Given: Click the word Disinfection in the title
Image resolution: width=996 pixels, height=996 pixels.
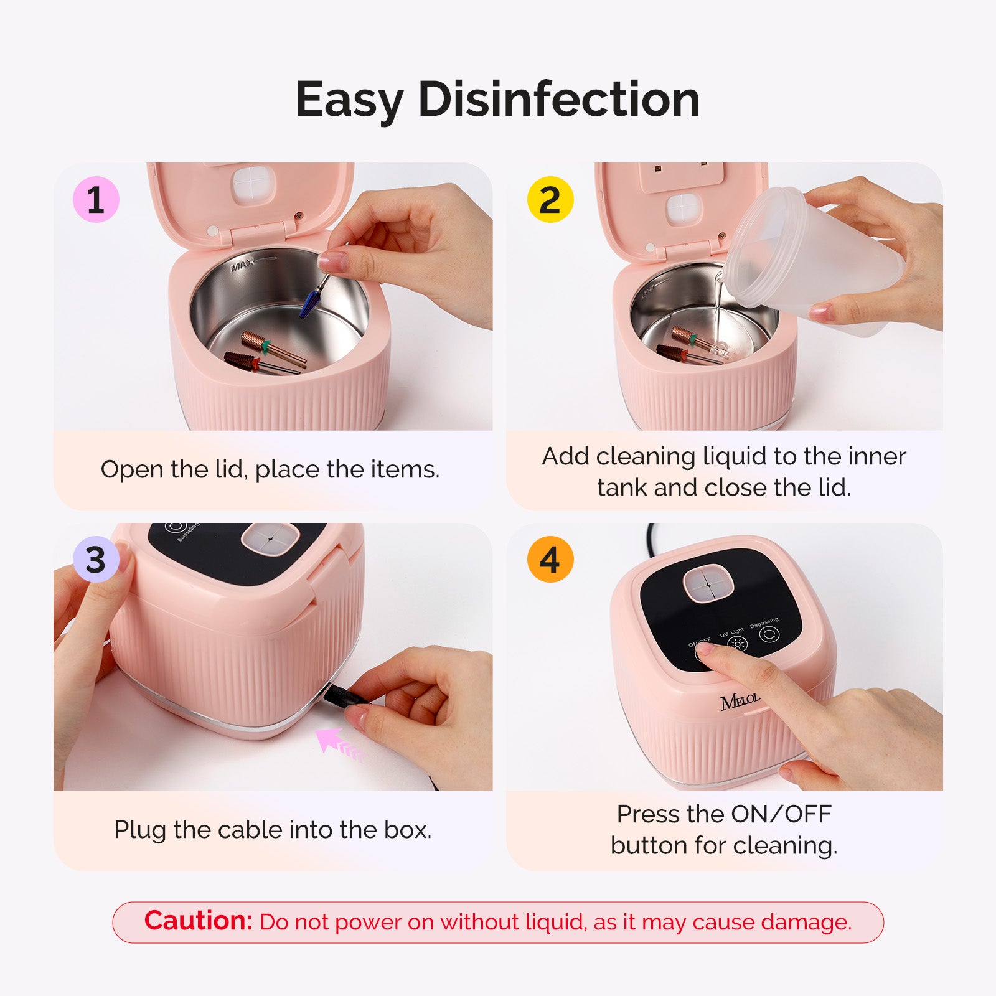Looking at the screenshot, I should tap(559, 100).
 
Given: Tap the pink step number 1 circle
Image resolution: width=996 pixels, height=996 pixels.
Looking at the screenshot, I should tap(96, 200).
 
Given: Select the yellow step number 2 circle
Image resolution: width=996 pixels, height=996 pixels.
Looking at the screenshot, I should tap(550, 200).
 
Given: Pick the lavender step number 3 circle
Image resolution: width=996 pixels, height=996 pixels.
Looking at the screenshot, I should tap(96, 560).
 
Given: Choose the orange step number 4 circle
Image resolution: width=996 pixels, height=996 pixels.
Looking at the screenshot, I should tap(550, 560).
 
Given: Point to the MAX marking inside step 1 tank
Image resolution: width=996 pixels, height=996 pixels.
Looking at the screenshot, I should tap(243, 267).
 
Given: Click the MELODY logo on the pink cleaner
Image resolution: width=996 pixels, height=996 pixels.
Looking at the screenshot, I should tap(740, 702).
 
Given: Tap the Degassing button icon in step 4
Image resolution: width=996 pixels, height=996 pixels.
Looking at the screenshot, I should tap(769, 634).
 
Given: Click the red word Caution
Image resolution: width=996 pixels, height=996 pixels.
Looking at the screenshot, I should tap(198, 921).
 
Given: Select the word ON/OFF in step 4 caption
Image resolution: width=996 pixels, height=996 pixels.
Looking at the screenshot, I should tap(781, 814).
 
